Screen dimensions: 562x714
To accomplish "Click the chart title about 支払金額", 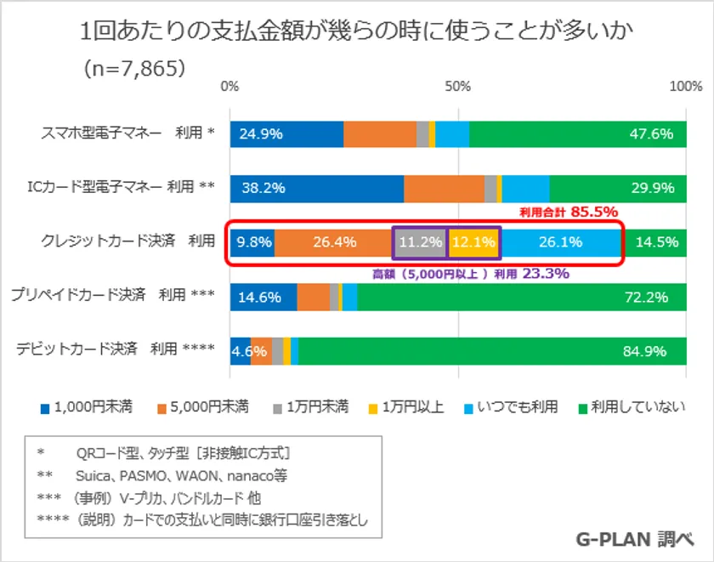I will click(357, 31).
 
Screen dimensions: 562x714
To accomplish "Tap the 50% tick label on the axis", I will click(458, 87).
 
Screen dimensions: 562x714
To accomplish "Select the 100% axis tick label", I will click(685, 87).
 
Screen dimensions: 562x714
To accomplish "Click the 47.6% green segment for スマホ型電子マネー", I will click(578, 133).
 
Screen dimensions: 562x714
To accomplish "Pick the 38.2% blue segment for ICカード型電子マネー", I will click(316, 188).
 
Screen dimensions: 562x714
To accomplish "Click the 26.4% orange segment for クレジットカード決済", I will click(333, 242).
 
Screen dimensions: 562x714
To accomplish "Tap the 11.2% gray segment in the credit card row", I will click(420, 242).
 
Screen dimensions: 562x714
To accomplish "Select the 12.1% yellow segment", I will click(473, 242).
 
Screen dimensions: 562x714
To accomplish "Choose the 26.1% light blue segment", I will click(561, 242).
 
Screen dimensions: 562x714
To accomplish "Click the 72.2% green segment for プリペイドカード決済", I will click(522, 296).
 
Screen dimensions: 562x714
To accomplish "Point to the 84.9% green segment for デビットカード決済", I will click(493, 349).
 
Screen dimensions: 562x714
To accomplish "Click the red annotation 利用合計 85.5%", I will click(568, 212).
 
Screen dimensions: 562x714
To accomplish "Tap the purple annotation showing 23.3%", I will click(470, 274).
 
